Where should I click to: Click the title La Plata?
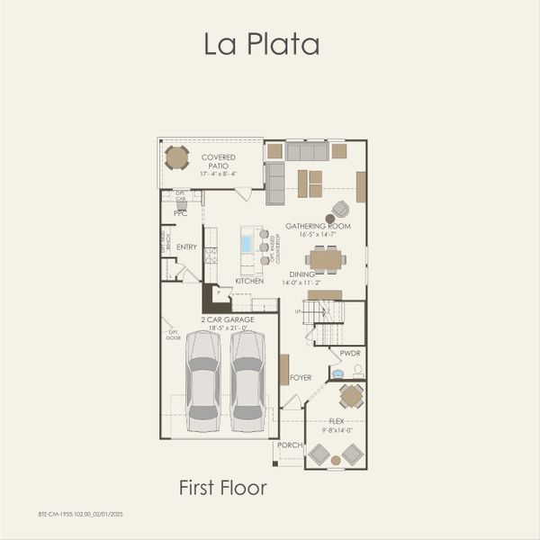pyautogui.click(x=261, y=44)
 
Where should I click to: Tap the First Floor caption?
pyautogui.click(x=222, y=488)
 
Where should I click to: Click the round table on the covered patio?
pyautogui.click(x=177, y=158)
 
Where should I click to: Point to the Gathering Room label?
pyautogui.click(x=318, y=226)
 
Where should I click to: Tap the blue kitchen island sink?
pyautogui.click(x=246, y=244)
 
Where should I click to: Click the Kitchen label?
pyautogui.click(x=248, y=282)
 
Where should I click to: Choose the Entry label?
pyautogui.click(x=186, y=247)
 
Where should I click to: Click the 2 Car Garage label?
pyautogui.click(x=227, y=319)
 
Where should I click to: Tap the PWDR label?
pyautogui.click(x=350, y=354)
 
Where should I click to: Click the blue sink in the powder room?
pyautogui.click(x=337, y=373)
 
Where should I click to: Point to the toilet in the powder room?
pyautogui.click(x=357, y=370)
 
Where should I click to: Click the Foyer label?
pyautogui.click(x=301, y=378)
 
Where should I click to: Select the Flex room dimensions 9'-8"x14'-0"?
pyautogui.click(x=336, y=429)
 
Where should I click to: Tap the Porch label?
pyautogui.click(x=289, y=445)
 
